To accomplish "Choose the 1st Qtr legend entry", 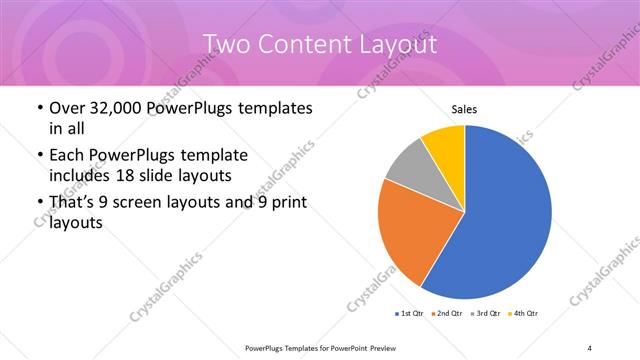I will pos(410,314).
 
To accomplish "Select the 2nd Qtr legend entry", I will pos(447,314).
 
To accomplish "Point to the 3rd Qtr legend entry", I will pos(486,314).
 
